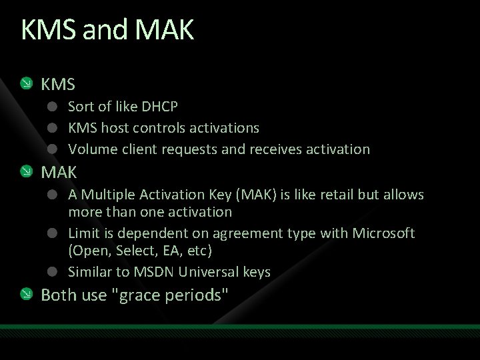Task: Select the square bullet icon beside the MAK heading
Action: pos(26,173)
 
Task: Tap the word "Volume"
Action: pos(90,149)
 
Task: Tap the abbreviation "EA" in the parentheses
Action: pos(167,251)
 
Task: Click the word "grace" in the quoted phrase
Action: pos(144,295)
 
